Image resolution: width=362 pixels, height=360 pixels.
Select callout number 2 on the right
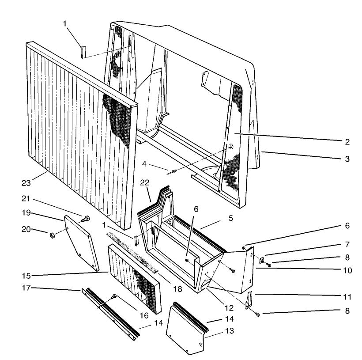(347, 142)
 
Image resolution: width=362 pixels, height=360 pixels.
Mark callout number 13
(215, 330)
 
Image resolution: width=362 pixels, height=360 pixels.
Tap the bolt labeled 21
(86, 218)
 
